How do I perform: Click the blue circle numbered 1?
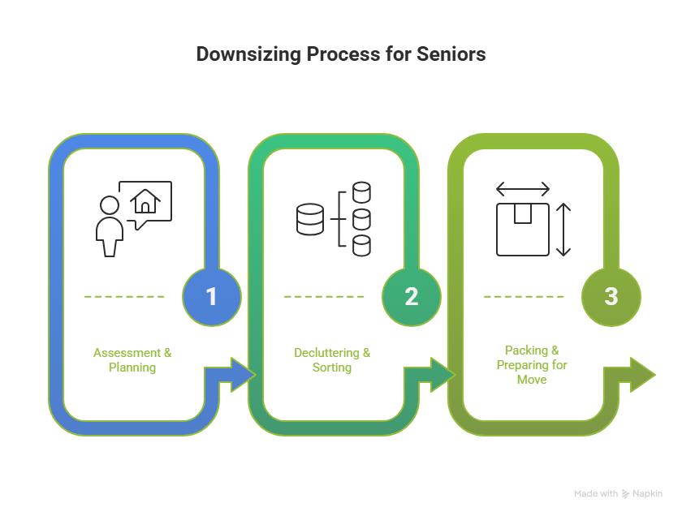point(212,296)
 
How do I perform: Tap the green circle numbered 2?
point(411,296)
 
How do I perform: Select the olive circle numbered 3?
point(611,296)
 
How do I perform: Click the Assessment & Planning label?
point(132,360)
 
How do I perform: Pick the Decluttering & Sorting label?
point(332,360)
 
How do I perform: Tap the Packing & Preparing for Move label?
point(532,364)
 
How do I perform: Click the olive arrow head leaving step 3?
point(642,374)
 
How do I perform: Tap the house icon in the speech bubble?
point(146,200)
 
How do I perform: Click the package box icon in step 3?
point(522,229)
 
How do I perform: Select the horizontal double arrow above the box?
point(522,190)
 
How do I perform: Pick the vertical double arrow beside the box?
point(563,229)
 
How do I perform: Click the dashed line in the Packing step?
point(524,297)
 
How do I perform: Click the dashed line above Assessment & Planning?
point(124,297)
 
